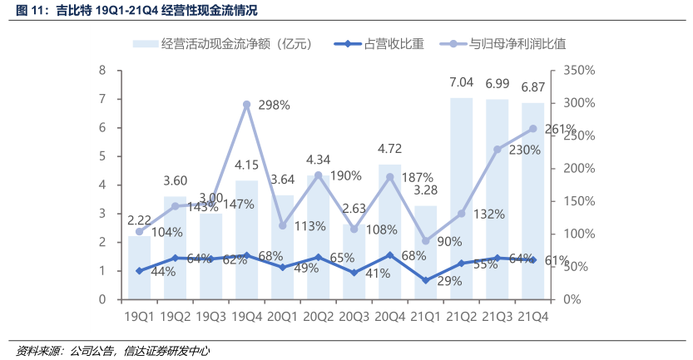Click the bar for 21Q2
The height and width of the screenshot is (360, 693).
[x=461, y=200]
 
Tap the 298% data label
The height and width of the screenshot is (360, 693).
[x=274, y=106]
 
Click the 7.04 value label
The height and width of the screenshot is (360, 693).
[x=461, y=83]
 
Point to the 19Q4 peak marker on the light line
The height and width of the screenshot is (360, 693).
[x=247, y=105]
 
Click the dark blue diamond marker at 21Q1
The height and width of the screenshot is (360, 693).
[x=425, y=280]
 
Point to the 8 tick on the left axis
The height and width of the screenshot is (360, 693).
[x=102, y=71]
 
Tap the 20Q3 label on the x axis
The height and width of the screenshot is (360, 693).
[x=354, y=317]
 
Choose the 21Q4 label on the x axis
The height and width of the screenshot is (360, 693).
[x=532, y=317]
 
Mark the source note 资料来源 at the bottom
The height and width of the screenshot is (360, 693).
[x=112, y=351]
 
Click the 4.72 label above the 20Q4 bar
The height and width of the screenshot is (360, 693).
[x=389, y=150]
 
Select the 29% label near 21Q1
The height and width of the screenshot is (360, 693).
[x=448, y=282]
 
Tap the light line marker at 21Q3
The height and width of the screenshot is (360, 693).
[x=497, y=150]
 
